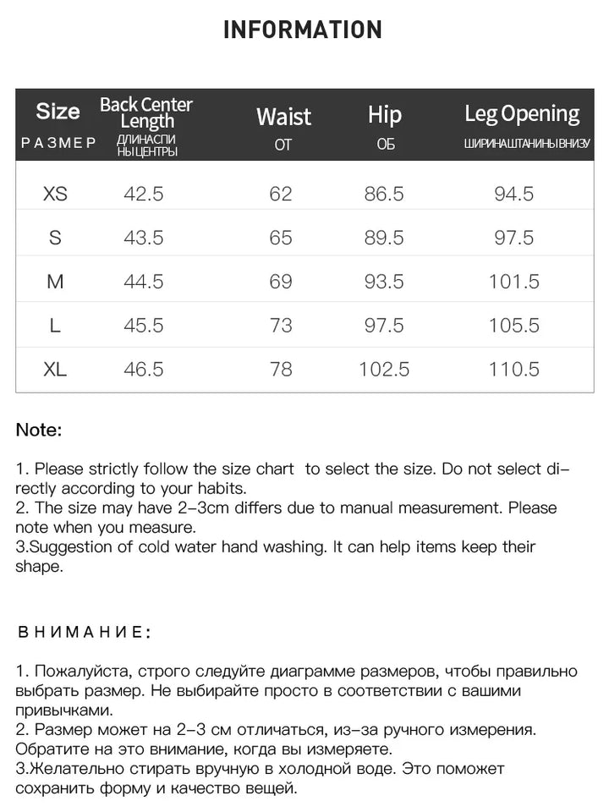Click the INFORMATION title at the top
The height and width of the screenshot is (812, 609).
(x=303, y=30)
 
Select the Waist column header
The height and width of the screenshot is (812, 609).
(x=283, y=117)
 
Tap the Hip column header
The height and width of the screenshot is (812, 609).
(x=385, y=115)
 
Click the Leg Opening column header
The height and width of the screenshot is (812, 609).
(x=522, y=114)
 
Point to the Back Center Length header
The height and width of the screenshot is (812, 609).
(x=146, y=112)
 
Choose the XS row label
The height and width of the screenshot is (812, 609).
(x=55, y=194)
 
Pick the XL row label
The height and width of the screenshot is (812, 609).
(x=55, y=370)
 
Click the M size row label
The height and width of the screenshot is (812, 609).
(x=55, y=282)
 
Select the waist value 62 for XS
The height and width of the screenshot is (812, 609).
(x=281, y=194)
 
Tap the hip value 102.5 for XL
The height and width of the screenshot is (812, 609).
(x=384, y=370)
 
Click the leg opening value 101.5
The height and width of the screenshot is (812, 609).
(x=514, y=282)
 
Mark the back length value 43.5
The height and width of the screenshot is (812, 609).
(x=144, y=238)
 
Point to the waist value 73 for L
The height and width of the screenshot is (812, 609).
(x=281, y=326)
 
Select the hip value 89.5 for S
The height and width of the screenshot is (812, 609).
(x=384, y=238)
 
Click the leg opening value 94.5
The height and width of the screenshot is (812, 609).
(x=514, y=194)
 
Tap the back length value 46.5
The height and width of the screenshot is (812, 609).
(x=144, y=370)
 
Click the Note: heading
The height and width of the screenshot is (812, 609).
(x=39, y=430)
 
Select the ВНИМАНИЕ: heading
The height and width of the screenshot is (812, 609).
(x=84, y=632)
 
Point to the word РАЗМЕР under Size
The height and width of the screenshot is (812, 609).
(x=58, y=143)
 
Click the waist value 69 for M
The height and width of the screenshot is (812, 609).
(x=281, y=282)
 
